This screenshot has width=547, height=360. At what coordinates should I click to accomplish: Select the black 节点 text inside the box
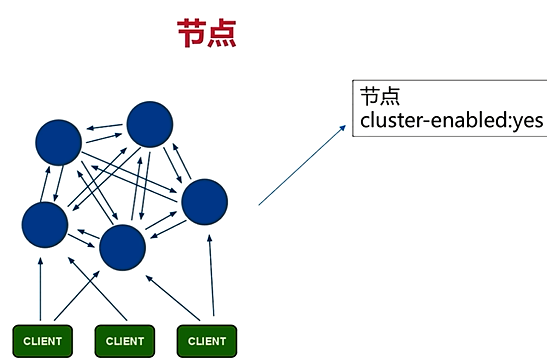pyautogui.click(x=379, y=97)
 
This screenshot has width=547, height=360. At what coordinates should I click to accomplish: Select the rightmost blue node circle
pyautogui.click(x=205, y=201)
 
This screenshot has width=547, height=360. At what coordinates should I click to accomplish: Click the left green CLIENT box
pyautogui.click(x=42, y=341)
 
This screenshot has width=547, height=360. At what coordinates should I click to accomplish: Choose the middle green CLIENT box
pyautogui.click(x=124, y=341)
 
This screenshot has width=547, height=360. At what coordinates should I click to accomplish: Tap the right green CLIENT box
pyautogui.click(x=206, y=341)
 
